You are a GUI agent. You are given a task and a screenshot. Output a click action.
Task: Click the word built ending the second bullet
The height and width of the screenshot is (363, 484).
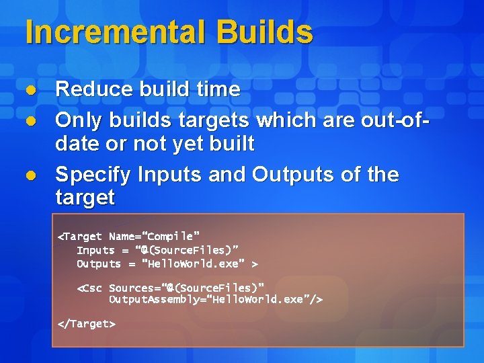(231, 143)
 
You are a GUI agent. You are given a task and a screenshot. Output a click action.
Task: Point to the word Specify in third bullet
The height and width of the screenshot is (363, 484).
(93, 175)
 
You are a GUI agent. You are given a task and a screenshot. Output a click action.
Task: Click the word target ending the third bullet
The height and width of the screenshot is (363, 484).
(85, 198)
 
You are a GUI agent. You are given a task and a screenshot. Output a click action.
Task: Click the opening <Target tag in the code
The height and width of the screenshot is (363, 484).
(80, 237)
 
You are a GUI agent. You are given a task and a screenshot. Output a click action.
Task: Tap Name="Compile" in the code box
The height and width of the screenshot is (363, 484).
(154, 237)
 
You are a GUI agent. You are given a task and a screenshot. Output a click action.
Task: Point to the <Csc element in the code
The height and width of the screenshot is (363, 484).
(90, 288)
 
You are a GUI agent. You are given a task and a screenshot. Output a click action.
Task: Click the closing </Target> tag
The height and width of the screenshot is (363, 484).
(87, 324)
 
